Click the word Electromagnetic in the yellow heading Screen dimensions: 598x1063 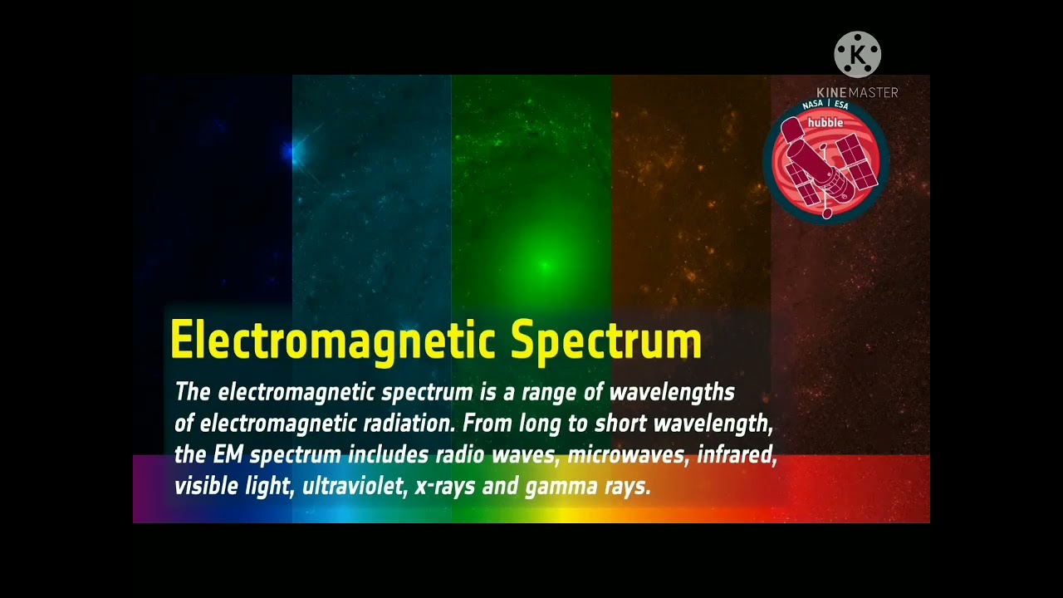pyautogui.click(x=333, y=341)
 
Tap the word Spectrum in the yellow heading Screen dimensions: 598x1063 pyautogui.click(x=606, y=341)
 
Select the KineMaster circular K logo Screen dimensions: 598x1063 pyautogui.click(x=857, y=55)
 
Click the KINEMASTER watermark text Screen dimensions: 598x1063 pyautogui.click(x=857, y=93)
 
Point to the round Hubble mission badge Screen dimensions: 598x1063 pyautogui.click(x=826, y=162)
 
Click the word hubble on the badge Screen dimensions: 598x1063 pyautogui.click(x=825, y=123)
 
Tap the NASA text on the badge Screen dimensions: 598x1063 pyautogui.click(x=812, y=105)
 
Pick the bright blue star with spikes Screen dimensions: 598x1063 pyautogui.click(x=291, y=151)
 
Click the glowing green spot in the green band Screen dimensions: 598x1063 pyautogui.click(x=545, y=266)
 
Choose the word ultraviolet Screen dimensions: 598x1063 pyautogui.click(x=352, y=487)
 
